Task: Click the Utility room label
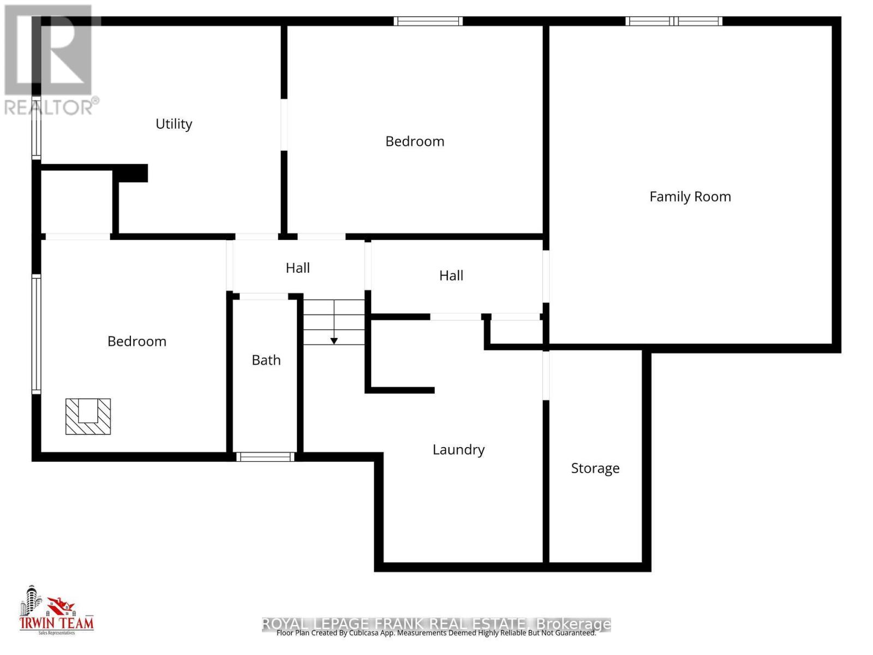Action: click(174, 124)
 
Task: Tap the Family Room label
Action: click(690, 196)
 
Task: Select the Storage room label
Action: click(595, 468)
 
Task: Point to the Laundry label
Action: click(458, 450)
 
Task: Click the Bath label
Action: click(266, 360)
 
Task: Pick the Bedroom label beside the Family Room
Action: click(415, 141)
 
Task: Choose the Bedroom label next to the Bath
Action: click(136, 342)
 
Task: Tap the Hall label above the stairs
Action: click(298, 268)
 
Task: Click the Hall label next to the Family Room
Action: click(451, 276)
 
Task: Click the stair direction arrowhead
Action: click(334, 341)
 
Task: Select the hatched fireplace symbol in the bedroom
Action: click(88, 416)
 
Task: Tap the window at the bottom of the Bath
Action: click(265, 456)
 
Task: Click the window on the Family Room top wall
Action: click(674, 21)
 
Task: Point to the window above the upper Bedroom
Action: click(428, 21)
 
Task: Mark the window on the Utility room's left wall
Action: click(37, 134)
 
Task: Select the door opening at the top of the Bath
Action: click(264, 296)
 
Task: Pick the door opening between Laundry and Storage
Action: click(546, 375)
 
